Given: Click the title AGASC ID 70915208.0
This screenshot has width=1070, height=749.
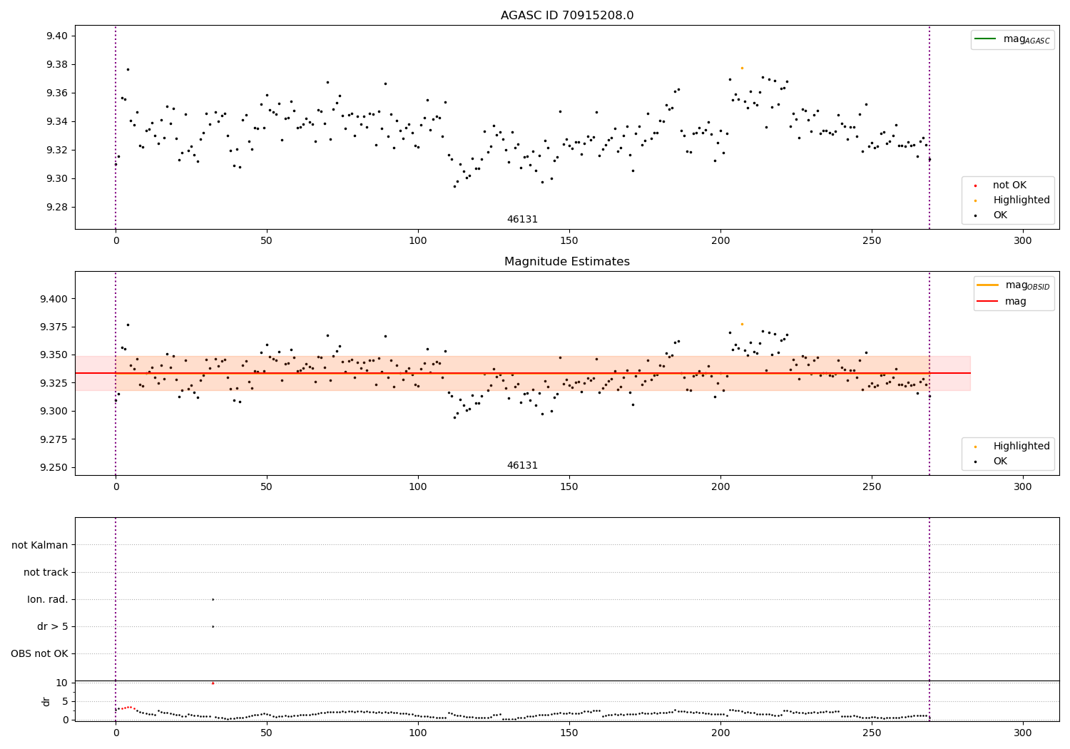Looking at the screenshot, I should pos(566,16).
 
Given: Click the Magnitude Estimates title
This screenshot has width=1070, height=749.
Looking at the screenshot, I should pos(566,262).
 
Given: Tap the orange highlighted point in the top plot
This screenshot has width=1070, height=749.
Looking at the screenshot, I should pos(742,68).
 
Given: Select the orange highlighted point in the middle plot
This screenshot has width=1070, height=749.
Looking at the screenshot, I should pos(742,324).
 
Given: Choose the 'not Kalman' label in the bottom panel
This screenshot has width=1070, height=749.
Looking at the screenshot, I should pos(40,545).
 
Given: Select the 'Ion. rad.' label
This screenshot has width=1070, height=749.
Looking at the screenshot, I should pos(48,599).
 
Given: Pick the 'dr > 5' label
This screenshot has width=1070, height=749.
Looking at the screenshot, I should pos(53,626).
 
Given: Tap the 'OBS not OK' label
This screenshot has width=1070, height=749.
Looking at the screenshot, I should pos(40,653).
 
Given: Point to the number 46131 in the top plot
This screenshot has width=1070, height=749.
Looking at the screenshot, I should pos(522,219).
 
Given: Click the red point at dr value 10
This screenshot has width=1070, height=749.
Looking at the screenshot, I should pos(213,683).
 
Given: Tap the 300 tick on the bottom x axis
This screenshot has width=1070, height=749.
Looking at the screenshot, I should pos(1022,732).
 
